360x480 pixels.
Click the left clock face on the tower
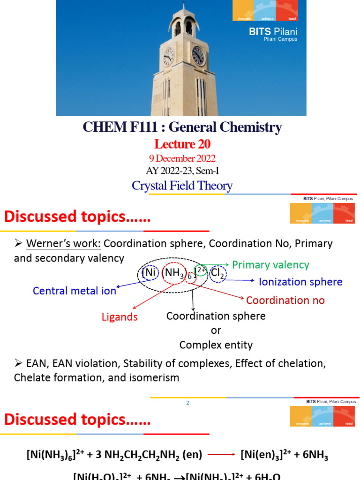[x=168, y=57]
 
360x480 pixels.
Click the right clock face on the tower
[x=198, y=56]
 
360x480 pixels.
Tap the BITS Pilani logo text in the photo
[x=280, y=33]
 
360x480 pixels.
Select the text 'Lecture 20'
[x=183, y=143]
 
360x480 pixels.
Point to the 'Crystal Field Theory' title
[x=182, y=186]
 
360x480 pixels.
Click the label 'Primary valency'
[x=271, y=265]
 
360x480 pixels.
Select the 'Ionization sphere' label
[x=300, y=282]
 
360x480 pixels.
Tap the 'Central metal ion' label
[x=75, y=291]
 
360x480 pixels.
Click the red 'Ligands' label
[x=120, y=317]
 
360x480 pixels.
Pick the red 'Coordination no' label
[x=285, y=300]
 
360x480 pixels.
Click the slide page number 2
[x=187, y=403]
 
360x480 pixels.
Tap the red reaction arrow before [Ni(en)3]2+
[x=221, y=454]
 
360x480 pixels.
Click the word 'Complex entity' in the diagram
[x=216, y=345]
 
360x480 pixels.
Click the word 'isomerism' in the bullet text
[x=157, y=377]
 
